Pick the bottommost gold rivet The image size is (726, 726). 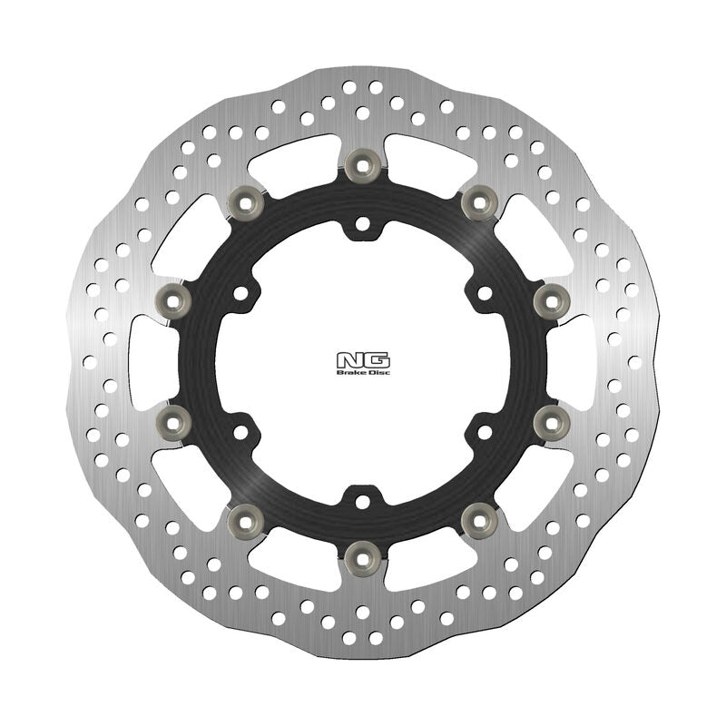363,554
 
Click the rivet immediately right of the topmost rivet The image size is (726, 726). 477,202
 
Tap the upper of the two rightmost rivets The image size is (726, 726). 551,298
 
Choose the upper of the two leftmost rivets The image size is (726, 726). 174,298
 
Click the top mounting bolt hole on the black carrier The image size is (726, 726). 363,221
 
